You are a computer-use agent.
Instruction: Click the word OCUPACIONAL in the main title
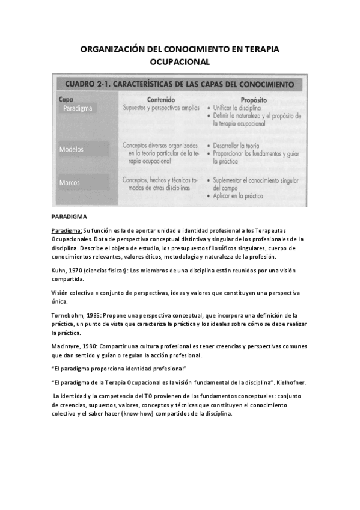coord(180,61)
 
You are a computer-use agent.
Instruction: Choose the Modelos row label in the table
coord(72,149)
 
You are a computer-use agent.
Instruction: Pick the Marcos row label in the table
coord(70,182)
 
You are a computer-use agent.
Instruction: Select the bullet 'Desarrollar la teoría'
coord(239,146)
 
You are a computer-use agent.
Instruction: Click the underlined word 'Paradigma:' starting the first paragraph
coord(67,230)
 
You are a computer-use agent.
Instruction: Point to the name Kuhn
coord(59,271)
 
